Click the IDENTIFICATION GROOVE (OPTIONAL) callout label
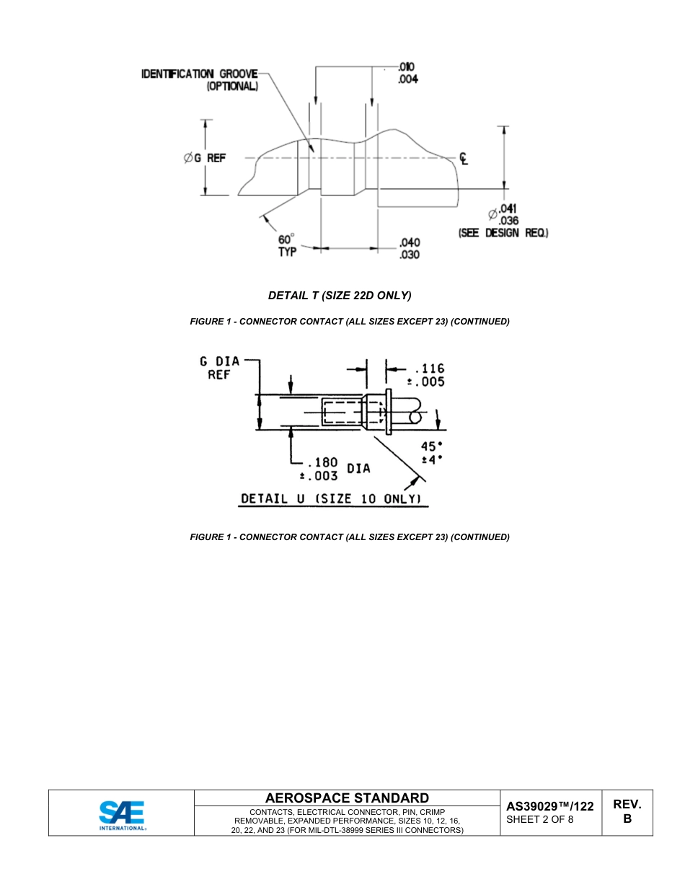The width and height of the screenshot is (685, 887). [200, 79]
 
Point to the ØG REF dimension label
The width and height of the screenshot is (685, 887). [205, 158]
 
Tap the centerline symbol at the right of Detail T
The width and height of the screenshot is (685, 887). [464, 158]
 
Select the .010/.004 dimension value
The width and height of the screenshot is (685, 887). [407, 73]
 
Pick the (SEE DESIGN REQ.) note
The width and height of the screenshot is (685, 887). [503, 233]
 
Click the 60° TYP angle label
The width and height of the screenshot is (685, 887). [287, 245]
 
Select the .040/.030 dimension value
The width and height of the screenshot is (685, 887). [409, 249]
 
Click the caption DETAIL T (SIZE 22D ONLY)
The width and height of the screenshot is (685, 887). [339, 295]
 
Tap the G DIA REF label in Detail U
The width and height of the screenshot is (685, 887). [219, 368]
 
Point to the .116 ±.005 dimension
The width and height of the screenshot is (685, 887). [429, 375]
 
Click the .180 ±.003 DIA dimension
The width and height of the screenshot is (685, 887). [333, 469]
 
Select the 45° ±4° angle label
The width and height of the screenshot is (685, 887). [431, 453]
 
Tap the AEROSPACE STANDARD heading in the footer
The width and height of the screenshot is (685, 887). [347, 798]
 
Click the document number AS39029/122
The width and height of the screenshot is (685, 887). [549, 806]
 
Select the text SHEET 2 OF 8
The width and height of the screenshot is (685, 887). [540, 819]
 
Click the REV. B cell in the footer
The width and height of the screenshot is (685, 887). [627, 811]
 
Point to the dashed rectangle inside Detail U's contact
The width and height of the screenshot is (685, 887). [341, 412]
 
